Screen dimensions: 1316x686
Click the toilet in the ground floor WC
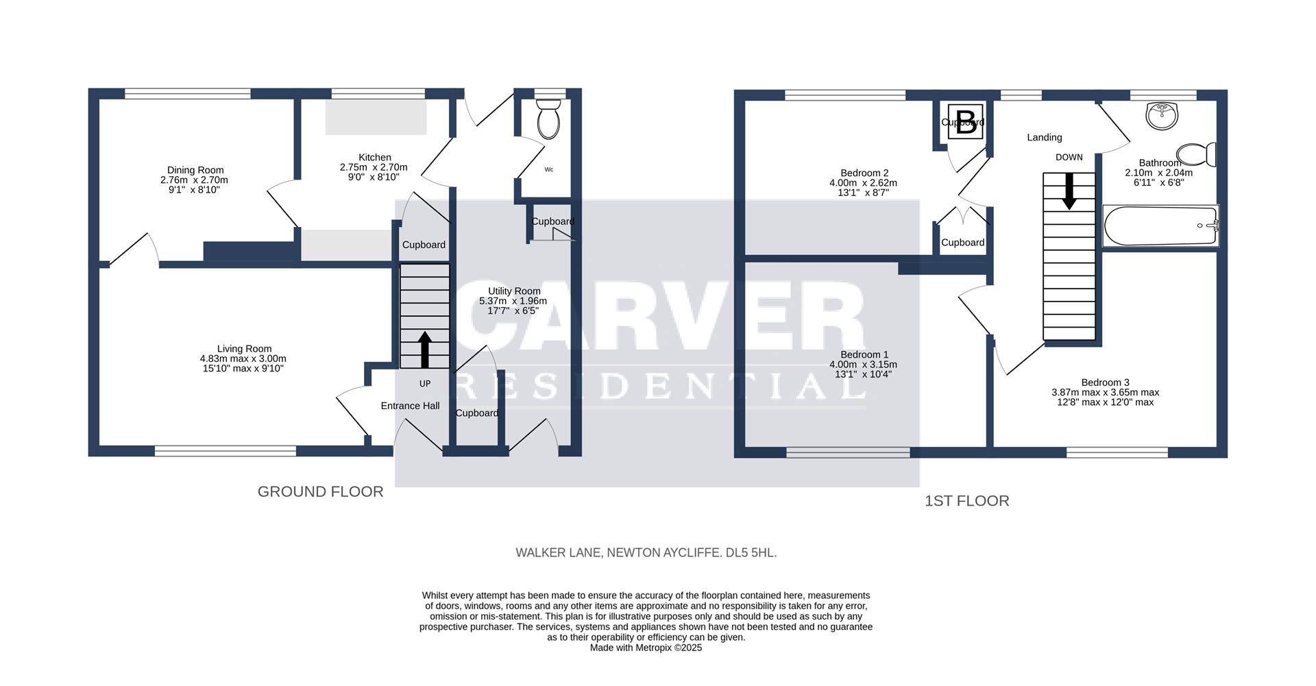coord(548,119)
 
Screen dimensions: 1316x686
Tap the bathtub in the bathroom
coord(1160,225)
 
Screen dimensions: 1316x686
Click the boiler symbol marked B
coord(966,122)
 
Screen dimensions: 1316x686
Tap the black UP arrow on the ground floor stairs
coord(425,350)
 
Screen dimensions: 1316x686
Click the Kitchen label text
coord(375,158)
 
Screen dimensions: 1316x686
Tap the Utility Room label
coord(514,291)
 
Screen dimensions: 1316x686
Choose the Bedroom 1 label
coord(864,355)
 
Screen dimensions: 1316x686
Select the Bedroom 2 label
coord(864,173)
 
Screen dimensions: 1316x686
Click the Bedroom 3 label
coord(1105,382)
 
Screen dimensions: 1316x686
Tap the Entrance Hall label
coord(410,406)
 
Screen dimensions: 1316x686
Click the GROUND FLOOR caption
coord(320,491)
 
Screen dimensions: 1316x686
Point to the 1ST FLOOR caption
coord(966,501)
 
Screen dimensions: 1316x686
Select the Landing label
coord(1044,138)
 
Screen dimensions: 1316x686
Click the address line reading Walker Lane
coord(646,552)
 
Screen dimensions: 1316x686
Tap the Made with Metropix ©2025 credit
coord(646,648)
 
